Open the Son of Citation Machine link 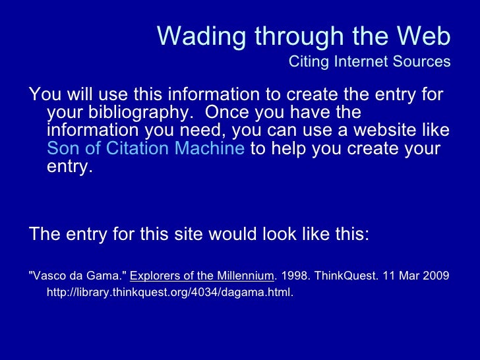146,148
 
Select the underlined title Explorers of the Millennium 202,276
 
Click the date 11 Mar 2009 416,276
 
